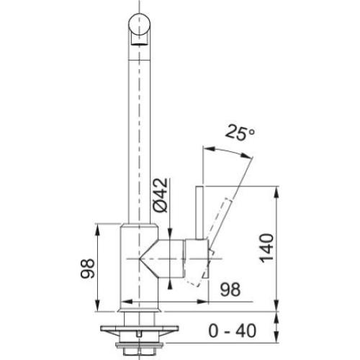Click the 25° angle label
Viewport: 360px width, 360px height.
pos(240,132)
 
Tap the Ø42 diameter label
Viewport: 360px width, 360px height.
pos(161,195)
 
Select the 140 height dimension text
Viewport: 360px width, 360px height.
pos(266,248)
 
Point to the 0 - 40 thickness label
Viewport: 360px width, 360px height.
pos(233,331)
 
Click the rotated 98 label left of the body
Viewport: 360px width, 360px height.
pos(87,269)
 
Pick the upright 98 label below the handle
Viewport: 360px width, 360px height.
pos(230,289)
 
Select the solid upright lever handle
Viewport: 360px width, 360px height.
pos(199,212)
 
